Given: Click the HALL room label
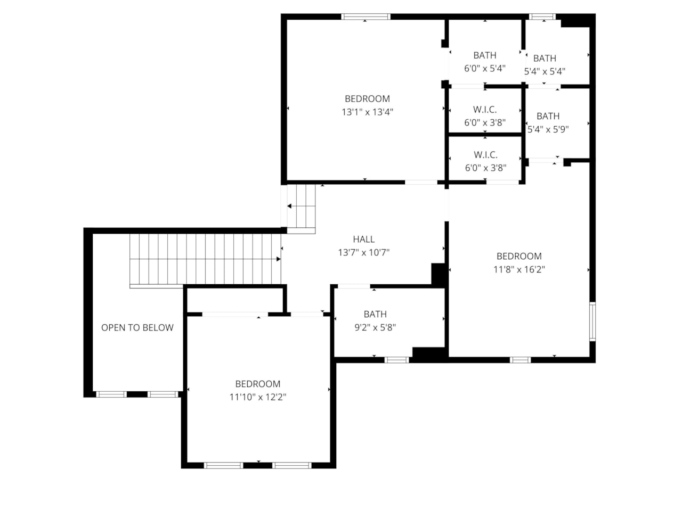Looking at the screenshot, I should click(363, 240).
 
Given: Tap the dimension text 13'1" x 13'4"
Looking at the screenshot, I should click(367, 112).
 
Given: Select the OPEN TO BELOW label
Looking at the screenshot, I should click(137, 328).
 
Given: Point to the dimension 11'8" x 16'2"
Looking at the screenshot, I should click(519, 269).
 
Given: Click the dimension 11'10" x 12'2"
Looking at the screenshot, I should click(258, 397).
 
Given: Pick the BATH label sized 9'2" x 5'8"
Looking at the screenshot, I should click(375, 315).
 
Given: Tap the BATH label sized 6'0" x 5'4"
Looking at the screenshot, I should click(485, 55).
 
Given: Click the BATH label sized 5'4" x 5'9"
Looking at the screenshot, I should click(548, 116).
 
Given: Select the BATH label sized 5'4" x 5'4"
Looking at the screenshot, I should click(545, 59).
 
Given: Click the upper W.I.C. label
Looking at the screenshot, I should click(485, 110).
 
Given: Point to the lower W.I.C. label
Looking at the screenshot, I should click(485, 155).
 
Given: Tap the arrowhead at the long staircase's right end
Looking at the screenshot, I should click(278, 259).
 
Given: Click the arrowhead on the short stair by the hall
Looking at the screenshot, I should click(289, 207).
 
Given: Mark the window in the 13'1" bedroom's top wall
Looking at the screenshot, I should click(366, 17).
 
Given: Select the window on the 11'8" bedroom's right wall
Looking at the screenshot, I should click(592, 321).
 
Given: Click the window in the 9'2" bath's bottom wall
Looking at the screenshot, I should click(396, 360).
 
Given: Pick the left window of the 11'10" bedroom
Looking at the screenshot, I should click(224, 465).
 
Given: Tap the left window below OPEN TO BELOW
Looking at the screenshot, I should click(111, 394).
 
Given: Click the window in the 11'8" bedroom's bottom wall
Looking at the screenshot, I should click(520, 360).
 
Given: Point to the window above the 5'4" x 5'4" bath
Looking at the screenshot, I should click(542, 17).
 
